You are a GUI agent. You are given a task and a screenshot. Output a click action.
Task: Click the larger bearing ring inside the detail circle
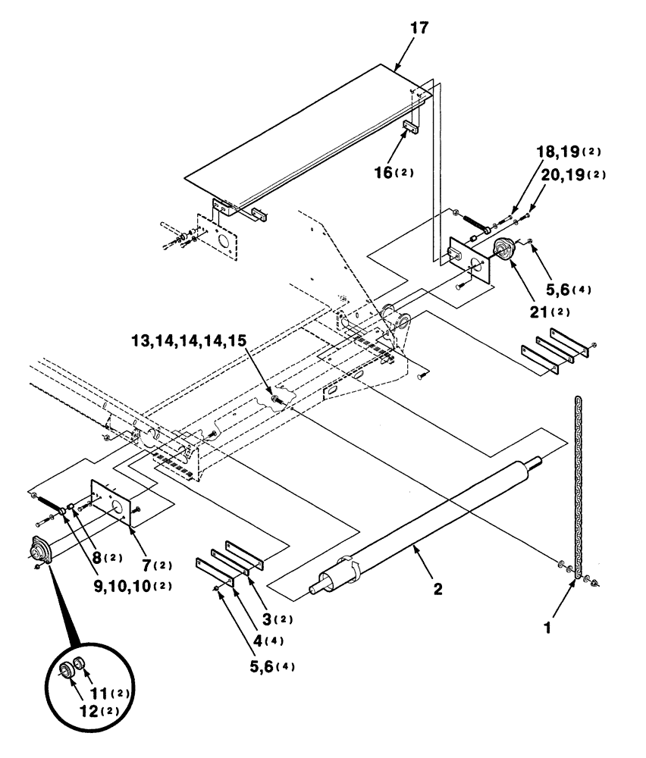(66, 670)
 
